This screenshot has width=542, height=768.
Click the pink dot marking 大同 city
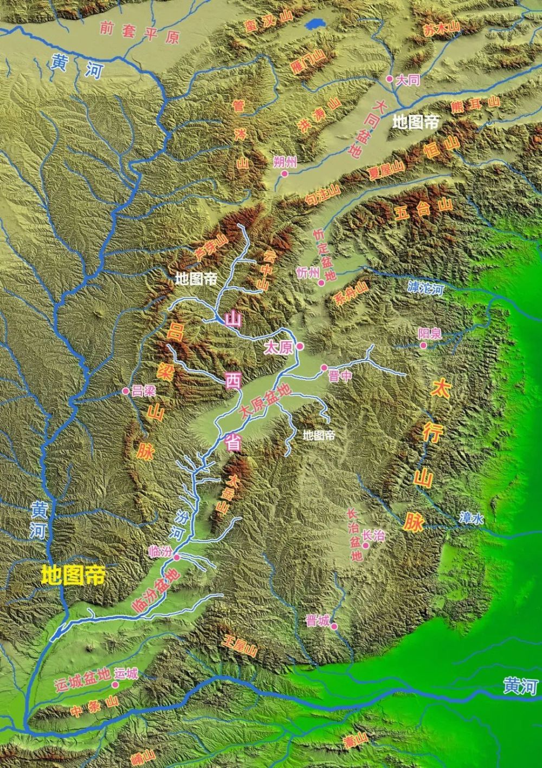(x=389, y=79)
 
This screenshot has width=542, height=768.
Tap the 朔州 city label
(x=286, y=162)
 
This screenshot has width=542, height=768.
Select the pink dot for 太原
(x=300, y=346)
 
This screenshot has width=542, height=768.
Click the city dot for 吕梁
(x=126, y=390)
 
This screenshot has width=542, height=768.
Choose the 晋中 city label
(x=340, y=376)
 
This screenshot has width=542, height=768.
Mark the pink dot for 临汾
(x=176, y=557)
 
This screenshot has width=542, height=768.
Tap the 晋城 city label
(x=317, y=621)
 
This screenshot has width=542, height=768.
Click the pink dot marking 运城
(x=115, y=684)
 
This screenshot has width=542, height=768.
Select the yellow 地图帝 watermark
(x=73, y=575)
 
